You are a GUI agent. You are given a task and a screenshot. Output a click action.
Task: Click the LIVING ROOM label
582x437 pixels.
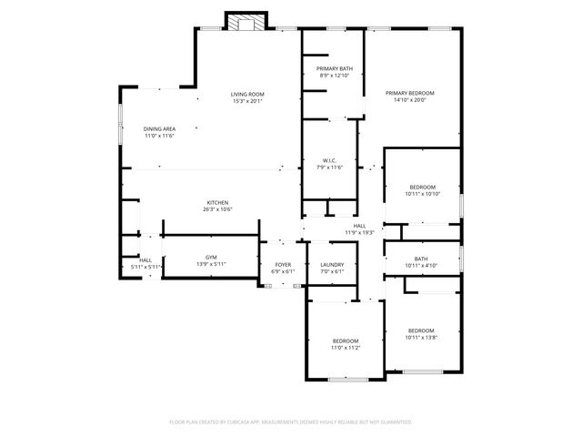coord(247,95)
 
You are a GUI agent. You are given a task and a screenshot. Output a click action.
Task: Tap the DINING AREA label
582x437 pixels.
coord(159,129)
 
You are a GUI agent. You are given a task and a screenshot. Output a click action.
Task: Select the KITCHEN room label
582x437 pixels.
coord(217,202)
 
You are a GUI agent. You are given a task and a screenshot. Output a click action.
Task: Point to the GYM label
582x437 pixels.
coord(211,258)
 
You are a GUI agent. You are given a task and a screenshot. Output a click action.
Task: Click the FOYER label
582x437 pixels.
coord(283,265)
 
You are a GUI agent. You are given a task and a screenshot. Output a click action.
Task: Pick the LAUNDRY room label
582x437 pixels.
coord(332,265)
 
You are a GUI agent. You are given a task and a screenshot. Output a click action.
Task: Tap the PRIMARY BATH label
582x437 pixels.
coord(335,69)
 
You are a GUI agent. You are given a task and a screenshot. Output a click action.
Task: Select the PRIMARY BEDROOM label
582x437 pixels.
coord(410,93)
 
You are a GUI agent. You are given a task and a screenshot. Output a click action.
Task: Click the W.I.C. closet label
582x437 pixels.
coord(329,161)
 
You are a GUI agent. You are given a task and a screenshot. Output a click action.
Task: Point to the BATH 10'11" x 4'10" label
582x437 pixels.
coord(421,259)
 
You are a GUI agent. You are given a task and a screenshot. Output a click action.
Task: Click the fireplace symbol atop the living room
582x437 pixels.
coord(246,23)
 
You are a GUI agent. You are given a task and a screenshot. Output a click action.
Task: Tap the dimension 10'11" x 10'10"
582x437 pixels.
coord(422,194)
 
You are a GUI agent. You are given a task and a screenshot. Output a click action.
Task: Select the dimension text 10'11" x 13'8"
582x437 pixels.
coord(421,338)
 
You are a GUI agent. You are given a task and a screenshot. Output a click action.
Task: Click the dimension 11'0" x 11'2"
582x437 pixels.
coord(345,348)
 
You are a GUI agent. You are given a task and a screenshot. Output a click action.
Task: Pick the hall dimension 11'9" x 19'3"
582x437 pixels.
coord(359,232)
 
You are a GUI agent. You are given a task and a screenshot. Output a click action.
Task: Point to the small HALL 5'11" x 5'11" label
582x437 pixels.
coord(145,260)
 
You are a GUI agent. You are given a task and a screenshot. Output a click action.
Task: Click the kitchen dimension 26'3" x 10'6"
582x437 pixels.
coord(217,209)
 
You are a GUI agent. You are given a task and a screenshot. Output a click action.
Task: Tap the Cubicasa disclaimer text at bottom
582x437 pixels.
coord(291,422)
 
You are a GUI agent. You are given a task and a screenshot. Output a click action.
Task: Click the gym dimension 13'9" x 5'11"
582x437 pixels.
coord(211,265)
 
